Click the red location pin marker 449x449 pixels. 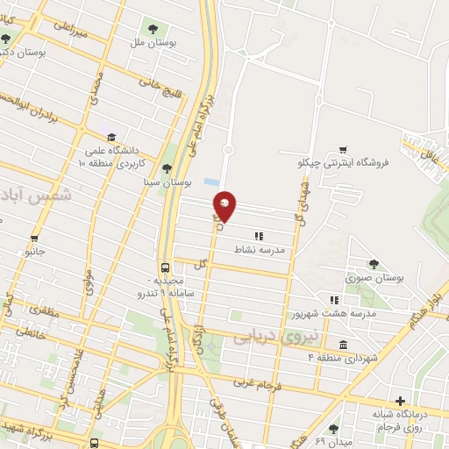point(225,205)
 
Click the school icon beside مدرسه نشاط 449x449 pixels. point(259,236)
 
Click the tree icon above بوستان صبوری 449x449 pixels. point(374,263)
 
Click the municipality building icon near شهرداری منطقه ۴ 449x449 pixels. point(342,343)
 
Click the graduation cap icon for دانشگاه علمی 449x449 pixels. point(111,138)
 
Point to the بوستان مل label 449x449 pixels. point(146,41)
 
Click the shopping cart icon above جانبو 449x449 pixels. point(34,238)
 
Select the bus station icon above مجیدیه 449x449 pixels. point(166,267)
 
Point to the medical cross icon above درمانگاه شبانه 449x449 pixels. point(401,401)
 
